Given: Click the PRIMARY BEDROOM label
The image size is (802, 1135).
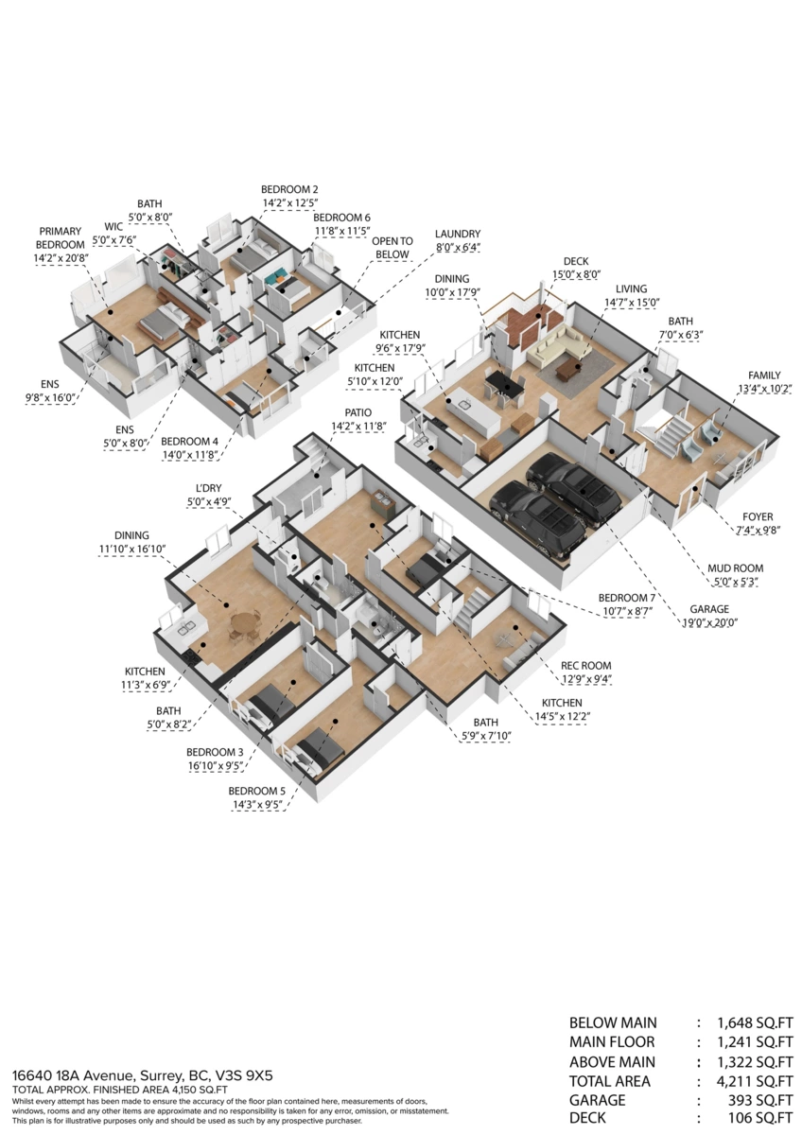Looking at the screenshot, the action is [61, 237].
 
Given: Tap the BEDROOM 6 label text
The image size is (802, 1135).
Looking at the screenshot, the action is [341, 218].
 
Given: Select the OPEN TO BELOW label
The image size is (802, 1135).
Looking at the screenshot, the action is [392, 248].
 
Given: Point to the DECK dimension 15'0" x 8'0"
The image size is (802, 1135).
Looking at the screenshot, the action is [576, 274].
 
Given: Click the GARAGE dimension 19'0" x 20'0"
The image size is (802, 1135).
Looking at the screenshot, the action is [709, 622].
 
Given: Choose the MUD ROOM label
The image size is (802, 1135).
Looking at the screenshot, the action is [735, 568].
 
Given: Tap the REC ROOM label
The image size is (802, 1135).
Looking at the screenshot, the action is [585, 665].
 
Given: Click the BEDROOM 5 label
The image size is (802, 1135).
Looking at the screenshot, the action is [256, 791].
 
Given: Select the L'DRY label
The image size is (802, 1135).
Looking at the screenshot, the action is [209, 488].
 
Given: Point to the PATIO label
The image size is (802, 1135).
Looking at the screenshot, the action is [358, 412].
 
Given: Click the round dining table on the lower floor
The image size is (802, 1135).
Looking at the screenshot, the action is [245, 622].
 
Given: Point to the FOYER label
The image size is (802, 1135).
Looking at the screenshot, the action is [758, 516].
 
